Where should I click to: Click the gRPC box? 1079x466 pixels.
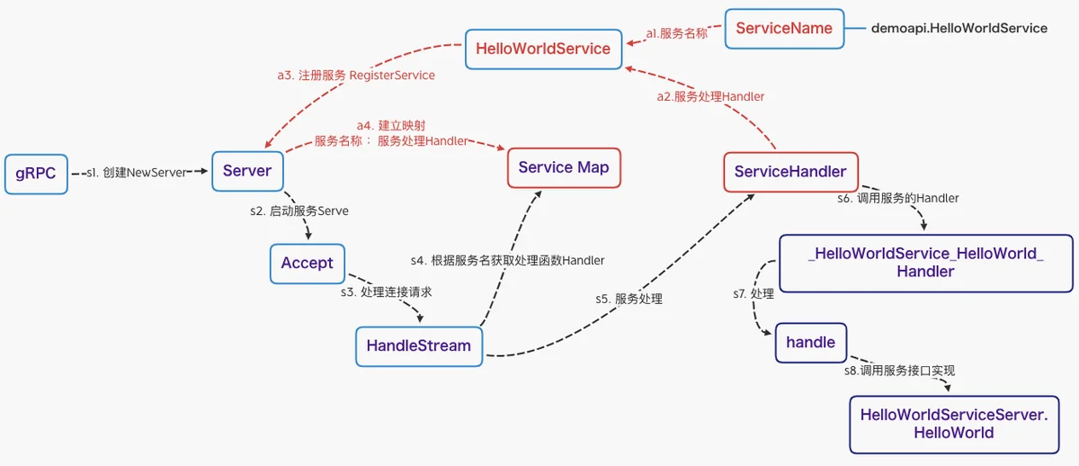click(x=36, y=174)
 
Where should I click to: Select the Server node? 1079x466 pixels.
click(x=247, y=171)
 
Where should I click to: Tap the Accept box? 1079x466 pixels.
click(x=308, y=264)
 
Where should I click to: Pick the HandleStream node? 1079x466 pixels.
click(x=419, y=346)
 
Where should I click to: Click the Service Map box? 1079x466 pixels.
click(x=564, y=167)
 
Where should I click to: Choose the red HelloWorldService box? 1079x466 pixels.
click(x=543, y=49)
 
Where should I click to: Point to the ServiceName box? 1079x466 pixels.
click(x=784, y=29)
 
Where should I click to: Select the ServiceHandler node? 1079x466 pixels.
click(x=790, y=172)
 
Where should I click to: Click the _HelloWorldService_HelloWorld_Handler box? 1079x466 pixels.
click(x=926, y=263)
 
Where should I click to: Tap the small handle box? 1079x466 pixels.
click(x=811, y=343)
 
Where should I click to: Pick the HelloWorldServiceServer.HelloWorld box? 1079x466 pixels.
click(x=954, y=425)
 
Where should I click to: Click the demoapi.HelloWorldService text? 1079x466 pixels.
click(x=959, y=29)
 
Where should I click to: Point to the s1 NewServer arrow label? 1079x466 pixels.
click(x=137, y=173)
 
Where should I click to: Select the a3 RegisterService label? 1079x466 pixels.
click(x=356, y=76)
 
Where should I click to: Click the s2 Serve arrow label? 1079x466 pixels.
click(x=299, y=211)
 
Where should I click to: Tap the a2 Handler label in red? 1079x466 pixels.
click(x=710, y=97)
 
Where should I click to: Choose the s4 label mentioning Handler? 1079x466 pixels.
click(x=507, y=261)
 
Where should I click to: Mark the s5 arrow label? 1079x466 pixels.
click(x=629, y=300)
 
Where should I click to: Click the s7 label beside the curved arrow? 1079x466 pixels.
click(x=754, y=294)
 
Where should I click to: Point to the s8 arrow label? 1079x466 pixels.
click(x=899, y=371)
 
